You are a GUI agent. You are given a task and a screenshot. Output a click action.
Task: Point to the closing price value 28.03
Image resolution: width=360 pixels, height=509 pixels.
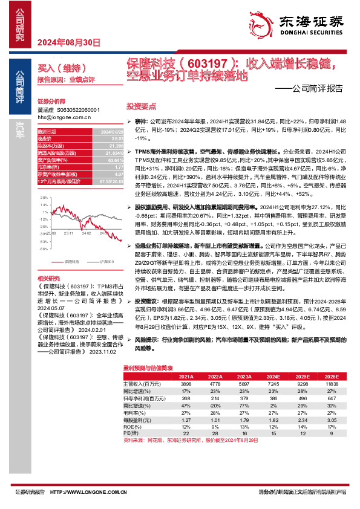point(110,138)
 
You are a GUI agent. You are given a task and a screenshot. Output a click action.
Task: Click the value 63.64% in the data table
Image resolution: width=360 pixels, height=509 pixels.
point(109,160)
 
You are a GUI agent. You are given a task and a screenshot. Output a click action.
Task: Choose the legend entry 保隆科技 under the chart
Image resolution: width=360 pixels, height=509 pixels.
point(71,261)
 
